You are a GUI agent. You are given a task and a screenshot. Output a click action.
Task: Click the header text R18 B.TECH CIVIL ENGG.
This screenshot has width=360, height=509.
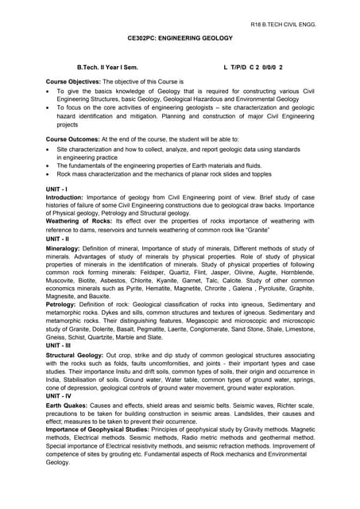[x=283, y=25]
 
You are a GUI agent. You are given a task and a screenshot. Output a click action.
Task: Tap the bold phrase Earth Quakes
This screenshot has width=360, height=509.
[x=66, y=404]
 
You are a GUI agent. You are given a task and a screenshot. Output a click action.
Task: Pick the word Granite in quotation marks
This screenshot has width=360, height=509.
[x=256, y=229]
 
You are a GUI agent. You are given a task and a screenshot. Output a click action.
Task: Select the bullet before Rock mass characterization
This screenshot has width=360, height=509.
[x=49, y=173]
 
